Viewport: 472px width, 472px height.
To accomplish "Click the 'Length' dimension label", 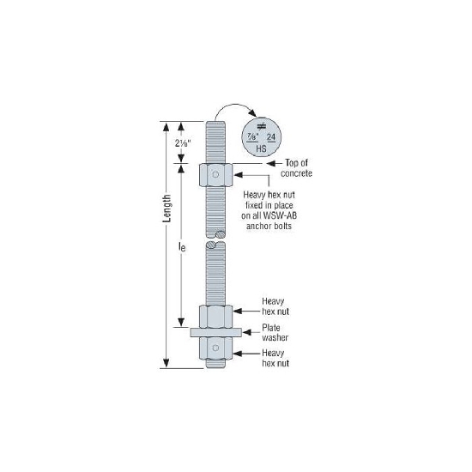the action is (x=166, y=209).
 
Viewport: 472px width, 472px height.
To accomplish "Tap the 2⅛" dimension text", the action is (x=183, y=143).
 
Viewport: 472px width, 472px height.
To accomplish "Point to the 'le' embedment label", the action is (x=182, y=247).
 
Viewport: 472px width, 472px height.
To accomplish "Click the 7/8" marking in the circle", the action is (x=253, y=137).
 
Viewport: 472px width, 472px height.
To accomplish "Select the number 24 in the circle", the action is (x=271, y=137).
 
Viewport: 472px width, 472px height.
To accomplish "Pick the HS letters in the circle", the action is (x=261, y=148).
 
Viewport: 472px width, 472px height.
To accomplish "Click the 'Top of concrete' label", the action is (x=297, y=168).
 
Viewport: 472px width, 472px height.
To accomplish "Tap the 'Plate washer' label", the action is (x=275, y=333).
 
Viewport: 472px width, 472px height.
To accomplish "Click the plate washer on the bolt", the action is (x=215, y=332).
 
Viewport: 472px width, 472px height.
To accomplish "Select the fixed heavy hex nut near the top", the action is (x=215, y=175).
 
